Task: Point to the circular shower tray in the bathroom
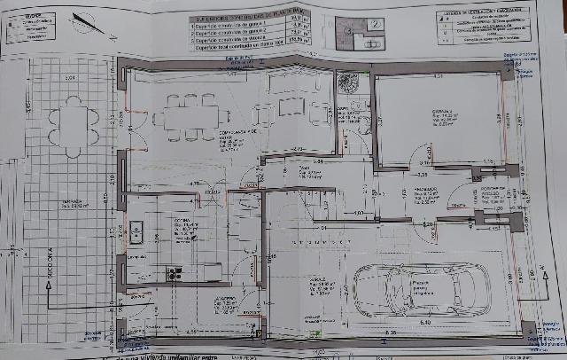tap(346, 82)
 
